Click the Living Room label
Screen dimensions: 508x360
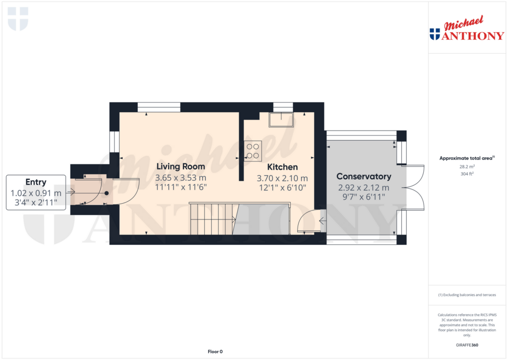pos(181,166)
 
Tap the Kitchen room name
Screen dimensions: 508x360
pos(282,167)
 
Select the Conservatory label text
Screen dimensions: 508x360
pos(364,176)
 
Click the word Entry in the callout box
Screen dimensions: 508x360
pos(36,182)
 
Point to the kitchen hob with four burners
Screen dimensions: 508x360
pos(253,151)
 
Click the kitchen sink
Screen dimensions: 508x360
pos(281,120)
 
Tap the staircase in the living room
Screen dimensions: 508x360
pos(212,218)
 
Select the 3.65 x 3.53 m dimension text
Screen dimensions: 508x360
pos(181,178)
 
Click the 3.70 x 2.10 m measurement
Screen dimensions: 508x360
pos(282,178)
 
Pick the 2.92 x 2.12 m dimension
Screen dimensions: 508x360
pos(364,188)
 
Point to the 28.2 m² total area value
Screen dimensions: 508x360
pos(467,166)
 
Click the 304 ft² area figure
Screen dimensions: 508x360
pos(467,174)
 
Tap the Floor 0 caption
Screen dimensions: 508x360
pos(215,352)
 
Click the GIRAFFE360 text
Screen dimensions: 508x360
pos(467,345)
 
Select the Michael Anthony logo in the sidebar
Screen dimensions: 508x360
pos(467,28)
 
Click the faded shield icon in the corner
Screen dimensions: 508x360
pos(18,19)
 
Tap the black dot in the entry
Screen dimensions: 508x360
pos(106,193)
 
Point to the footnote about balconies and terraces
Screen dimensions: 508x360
pos(467,295)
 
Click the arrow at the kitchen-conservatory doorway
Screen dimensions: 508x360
pos(322,221)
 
